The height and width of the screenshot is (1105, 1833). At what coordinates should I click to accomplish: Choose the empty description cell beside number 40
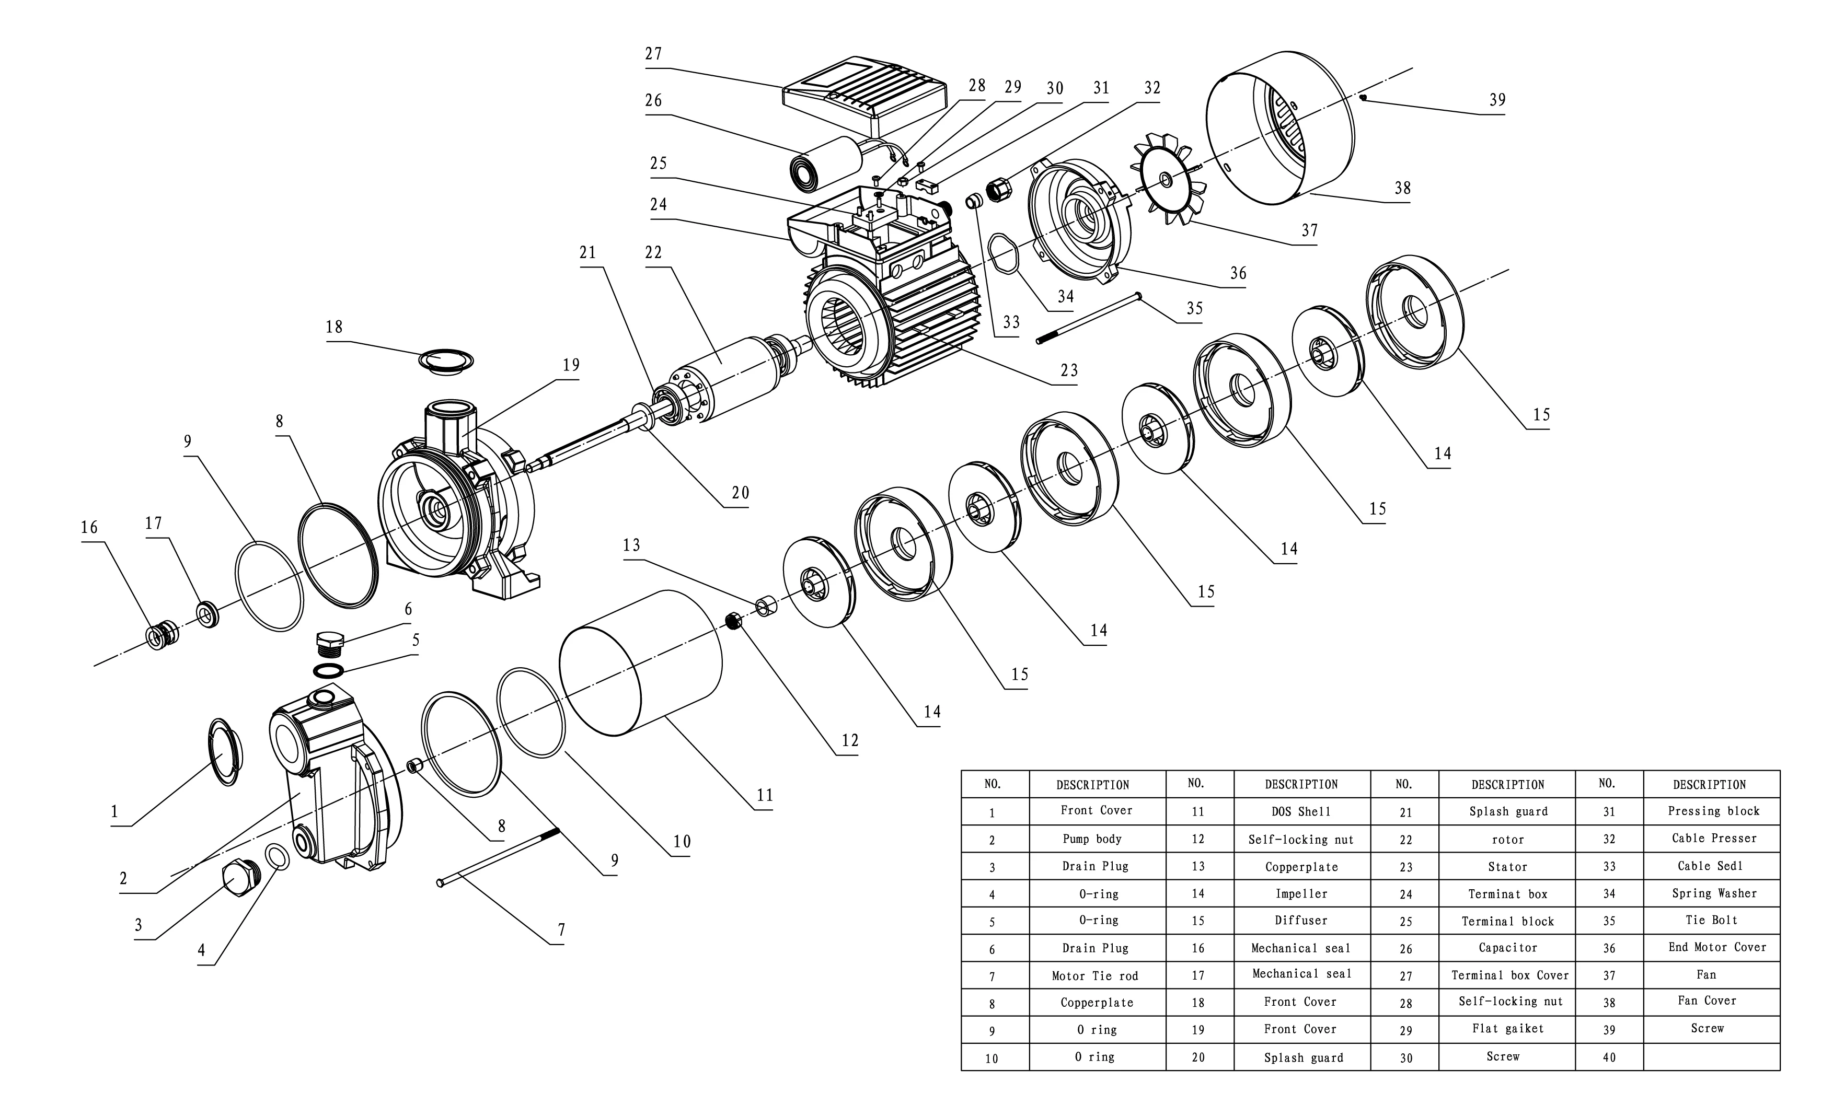tap(1711, 1056)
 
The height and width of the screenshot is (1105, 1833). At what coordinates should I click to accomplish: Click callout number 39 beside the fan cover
tap(1497, 100)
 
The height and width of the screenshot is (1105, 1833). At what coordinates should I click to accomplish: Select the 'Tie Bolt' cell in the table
tap(1711, 921)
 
